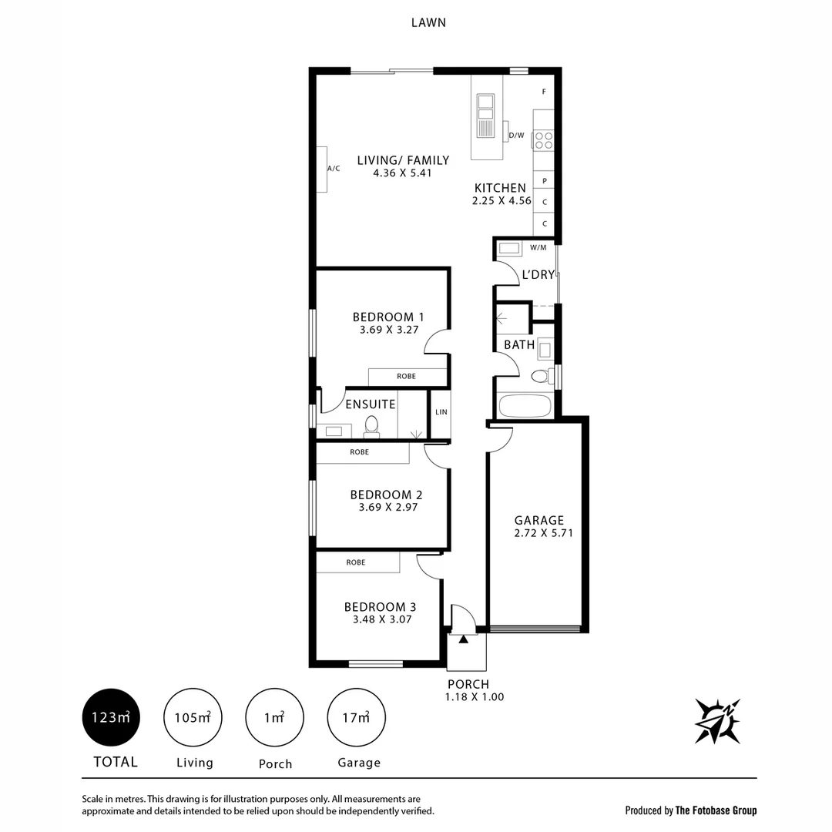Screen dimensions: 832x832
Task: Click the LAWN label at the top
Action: click(x=429, y=22)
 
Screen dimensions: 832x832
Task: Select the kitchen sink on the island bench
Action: click(x=485, y=116)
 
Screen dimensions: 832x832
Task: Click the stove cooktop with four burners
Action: click(x=543, y=139)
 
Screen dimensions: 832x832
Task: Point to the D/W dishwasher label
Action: click(x=516, y=136)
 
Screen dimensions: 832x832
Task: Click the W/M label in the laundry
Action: click(x=538, y=247)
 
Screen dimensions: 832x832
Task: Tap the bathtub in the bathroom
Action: click(x=524, y=405)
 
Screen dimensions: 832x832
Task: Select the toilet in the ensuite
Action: click(x=371, y=426)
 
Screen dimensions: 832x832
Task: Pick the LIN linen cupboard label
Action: click(x=441, y=413)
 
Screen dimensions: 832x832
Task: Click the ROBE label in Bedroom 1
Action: click(x=406, y=376)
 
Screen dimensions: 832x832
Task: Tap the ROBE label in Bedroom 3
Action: click(x=355, y=562)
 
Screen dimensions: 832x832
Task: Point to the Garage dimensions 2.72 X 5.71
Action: click(x=539, y=533)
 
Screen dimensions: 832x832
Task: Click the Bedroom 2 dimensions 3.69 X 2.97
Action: click(x=388, y=507)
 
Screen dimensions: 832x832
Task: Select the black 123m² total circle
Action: click(x=111, y=717)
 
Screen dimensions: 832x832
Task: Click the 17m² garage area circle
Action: click(x=357, y=717)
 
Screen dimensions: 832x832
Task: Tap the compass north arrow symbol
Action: click(x=717, y=721)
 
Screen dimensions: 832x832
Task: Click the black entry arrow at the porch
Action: click(x=463, y=639)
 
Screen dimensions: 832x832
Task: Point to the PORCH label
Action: click(x=468, y=684)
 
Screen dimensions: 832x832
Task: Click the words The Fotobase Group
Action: click(x=716, y=810)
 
